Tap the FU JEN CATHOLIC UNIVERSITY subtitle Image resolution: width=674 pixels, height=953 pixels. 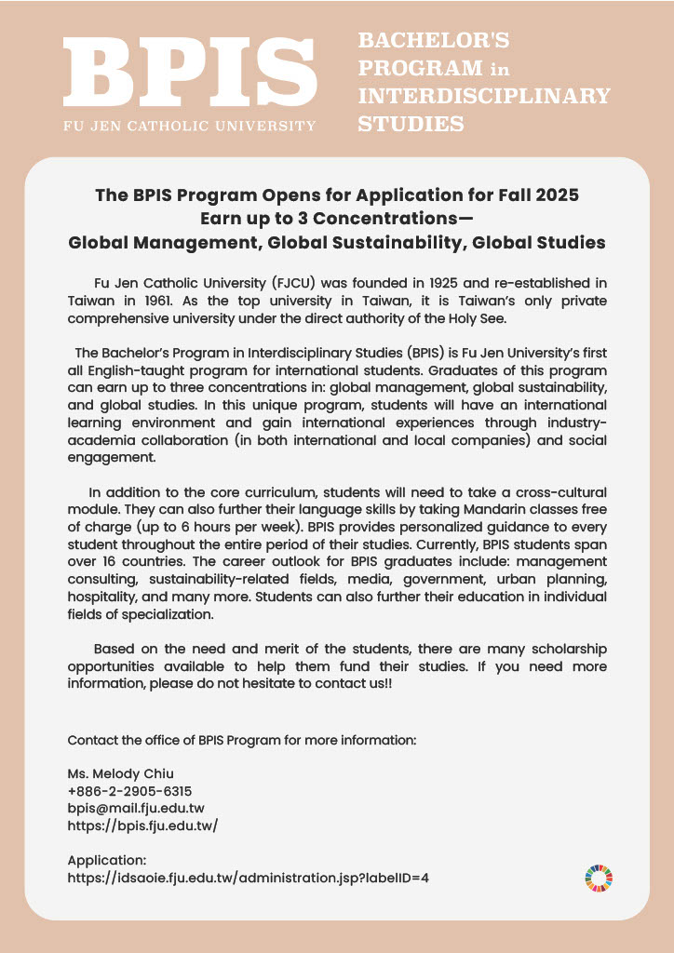(190, 125)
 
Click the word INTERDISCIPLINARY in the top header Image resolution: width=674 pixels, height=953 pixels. (484, 96)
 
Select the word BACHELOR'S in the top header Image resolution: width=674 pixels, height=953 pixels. (434, 40)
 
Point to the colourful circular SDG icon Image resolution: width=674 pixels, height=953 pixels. (599, 877)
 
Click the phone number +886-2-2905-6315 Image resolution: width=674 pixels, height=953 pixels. (129, 791)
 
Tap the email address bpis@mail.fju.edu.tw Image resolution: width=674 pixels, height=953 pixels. (136, 808)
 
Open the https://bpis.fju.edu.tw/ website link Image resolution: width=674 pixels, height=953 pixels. (142, 825)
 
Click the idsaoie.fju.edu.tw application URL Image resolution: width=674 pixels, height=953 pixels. (248, 877)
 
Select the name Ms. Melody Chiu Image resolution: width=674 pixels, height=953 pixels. (121, 774)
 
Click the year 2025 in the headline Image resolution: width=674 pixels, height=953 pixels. (557, 195)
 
